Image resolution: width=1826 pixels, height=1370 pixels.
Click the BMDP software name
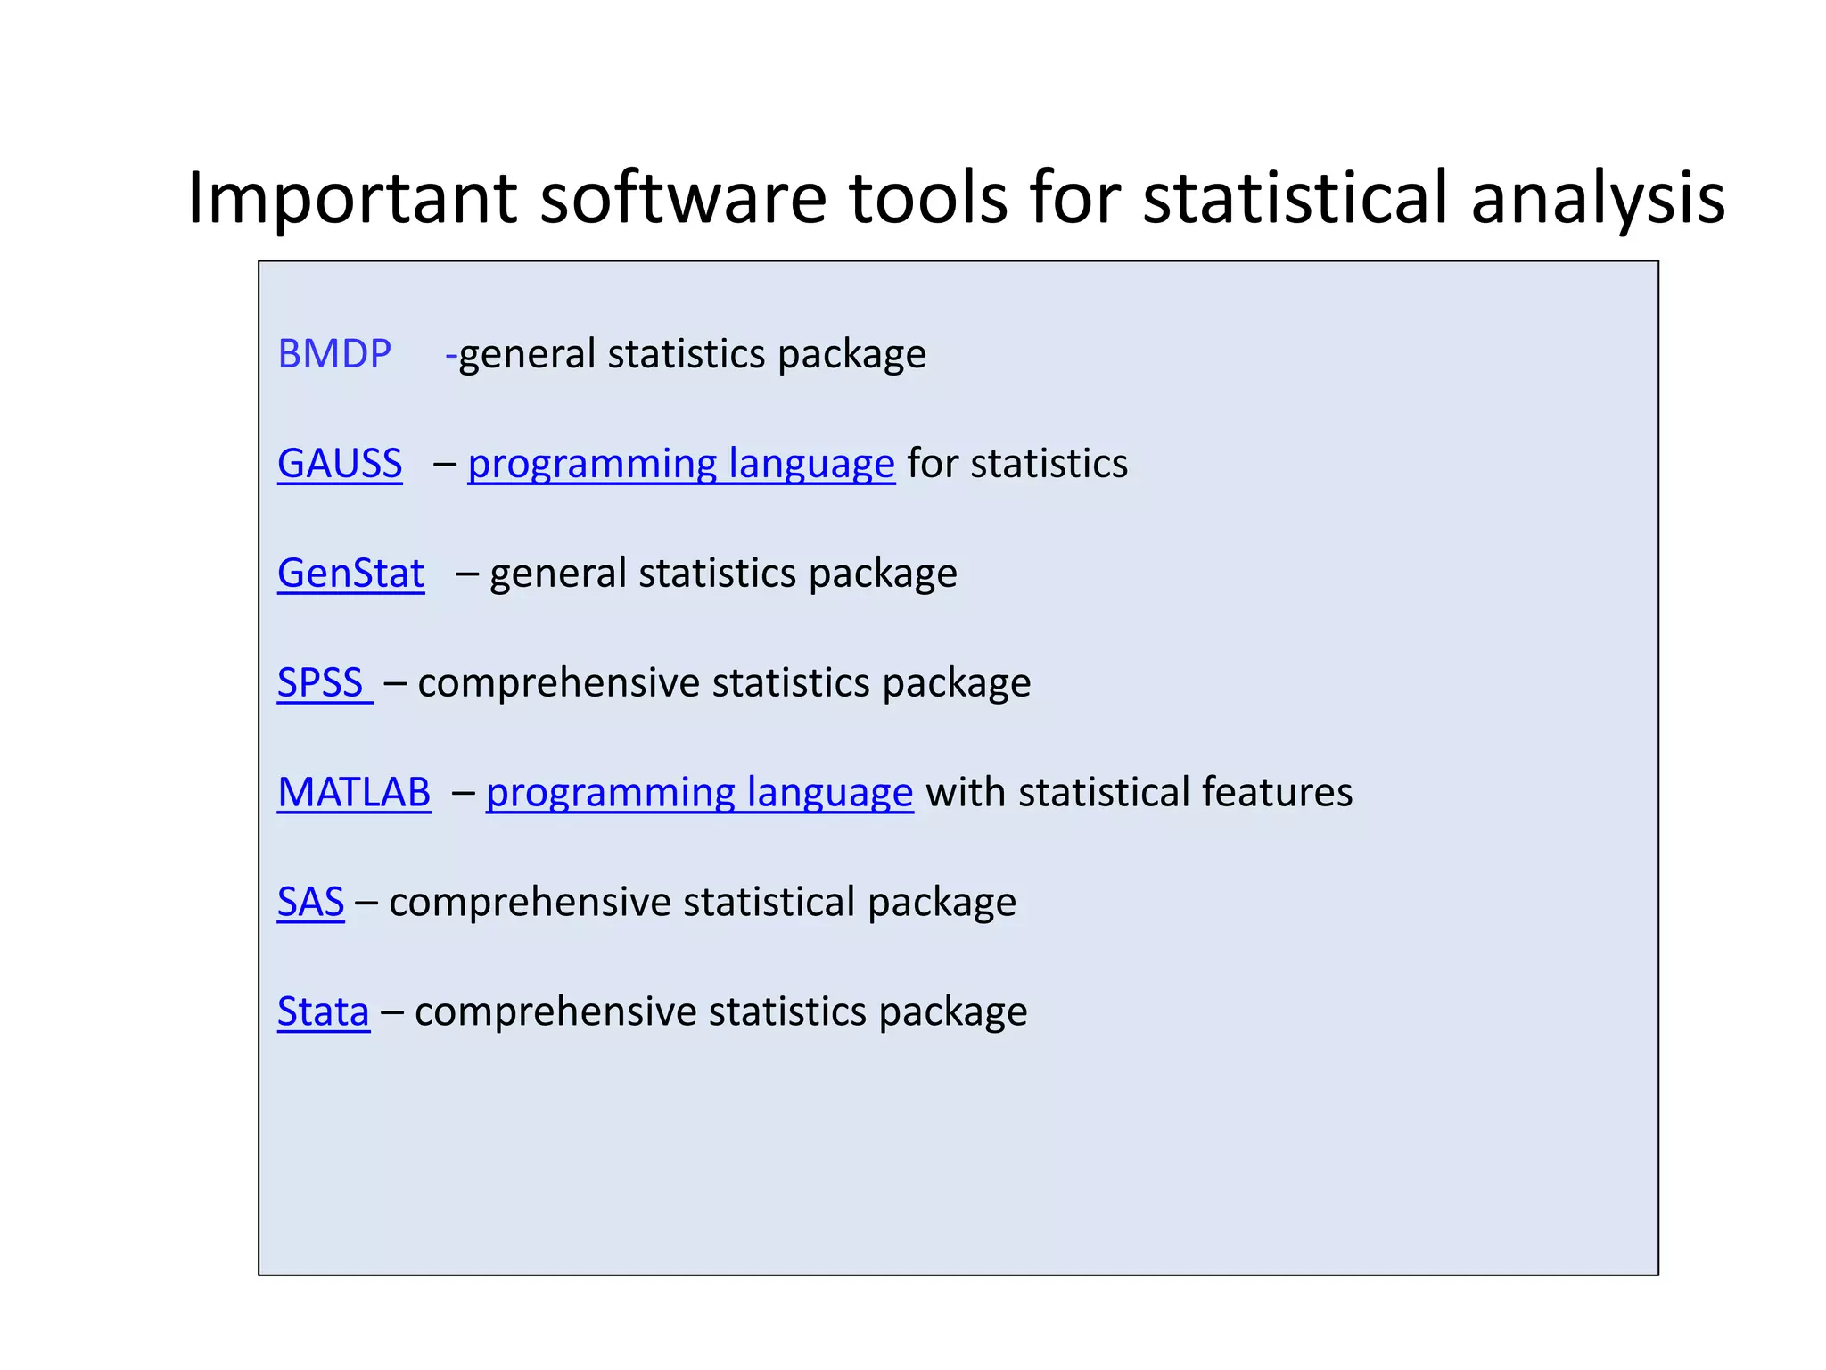point(334,354)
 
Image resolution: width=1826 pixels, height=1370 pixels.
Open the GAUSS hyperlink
point(340,464)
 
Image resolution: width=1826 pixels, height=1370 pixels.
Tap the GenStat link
point(350,574)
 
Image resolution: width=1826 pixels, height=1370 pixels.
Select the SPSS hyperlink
point(321,683)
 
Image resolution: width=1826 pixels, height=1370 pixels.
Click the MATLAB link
point(354,793)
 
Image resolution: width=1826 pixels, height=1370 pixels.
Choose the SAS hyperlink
point(310,902)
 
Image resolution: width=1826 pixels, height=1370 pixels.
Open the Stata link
point(323,1011)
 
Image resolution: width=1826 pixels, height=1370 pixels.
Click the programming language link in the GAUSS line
point(681,464)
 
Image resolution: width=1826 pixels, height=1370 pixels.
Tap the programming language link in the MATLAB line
point(700,793)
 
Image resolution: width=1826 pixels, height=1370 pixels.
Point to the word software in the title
point(683,198)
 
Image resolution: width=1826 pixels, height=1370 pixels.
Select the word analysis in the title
point(1598,198)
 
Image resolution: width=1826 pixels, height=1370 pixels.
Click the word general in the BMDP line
point(527,355)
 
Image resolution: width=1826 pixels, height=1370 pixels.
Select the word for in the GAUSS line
point(933,464)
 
